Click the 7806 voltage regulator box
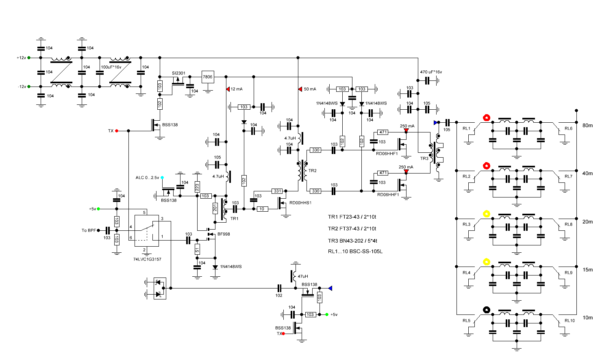click(207, 77)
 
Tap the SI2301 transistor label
click(178, 73)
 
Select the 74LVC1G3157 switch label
click(147, 259)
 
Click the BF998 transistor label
click(224, 234)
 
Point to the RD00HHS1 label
click(300, 203)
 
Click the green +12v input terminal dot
click(29, 58)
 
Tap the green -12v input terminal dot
click(29, 87)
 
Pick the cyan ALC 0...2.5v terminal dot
click(162, 178)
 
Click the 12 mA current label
click(237, 89)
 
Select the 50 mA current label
click(310, 89)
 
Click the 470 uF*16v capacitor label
click(431, 72)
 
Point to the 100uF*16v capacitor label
click(111, 67)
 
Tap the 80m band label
click(587, 125)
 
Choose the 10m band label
click(587, 318)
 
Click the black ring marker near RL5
click(487, 310)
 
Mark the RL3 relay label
click(466, 224)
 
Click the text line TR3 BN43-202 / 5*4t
click(352, 241)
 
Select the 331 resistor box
click(277, 191)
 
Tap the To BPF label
click(89, 230)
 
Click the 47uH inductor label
click(303, 276)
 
